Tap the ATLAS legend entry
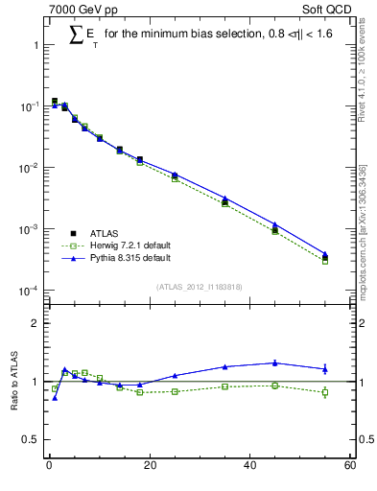90,232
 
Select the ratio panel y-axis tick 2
35,323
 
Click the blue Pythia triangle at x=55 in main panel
324,254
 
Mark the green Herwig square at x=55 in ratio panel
324,392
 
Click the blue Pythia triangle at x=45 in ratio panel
274,362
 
